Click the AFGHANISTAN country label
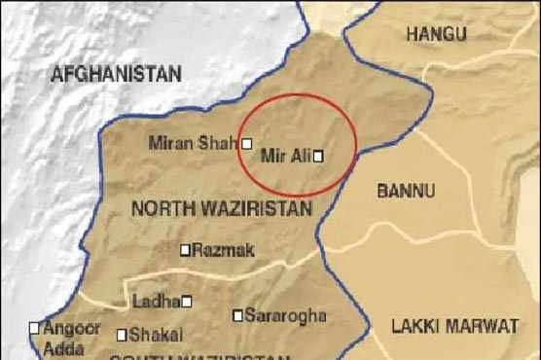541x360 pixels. [117, 73]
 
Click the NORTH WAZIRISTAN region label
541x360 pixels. [222, 207]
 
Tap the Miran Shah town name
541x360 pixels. [193, 143]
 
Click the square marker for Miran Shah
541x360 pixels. [246, 143]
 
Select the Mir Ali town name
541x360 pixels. [285, 155]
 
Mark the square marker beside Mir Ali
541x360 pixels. [317, 155]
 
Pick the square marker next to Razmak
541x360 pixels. [185, 250]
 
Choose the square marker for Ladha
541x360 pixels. [187, 301]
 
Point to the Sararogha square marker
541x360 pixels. [237, 315]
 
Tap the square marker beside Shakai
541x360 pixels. [122, 335]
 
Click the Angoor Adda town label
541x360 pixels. [71, 337]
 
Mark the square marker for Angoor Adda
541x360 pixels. [35, 328]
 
